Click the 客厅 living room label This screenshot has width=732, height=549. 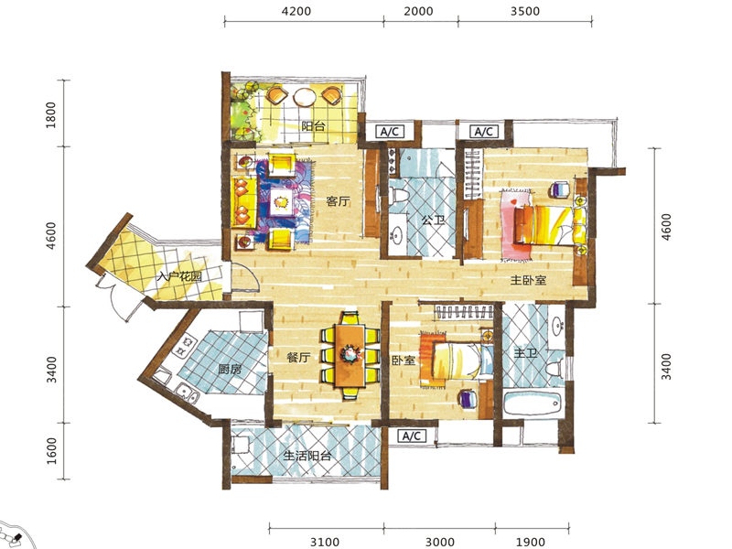click(x=338, y=201)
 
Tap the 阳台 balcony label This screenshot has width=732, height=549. click(x=313, y=126)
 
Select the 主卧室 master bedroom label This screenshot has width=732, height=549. click(x=528, y=280)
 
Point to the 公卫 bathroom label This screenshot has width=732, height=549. click(x=433, y=220)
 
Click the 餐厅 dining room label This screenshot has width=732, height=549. click(x=299, y=358)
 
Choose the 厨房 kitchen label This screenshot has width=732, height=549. click(x=231, y=370)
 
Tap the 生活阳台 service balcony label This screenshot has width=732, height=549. click(x=307, y=455)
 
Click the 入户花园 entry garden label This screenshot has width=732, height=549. click(x=179, y=277)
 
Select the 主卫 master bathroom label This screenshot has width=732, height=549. click(x=525, y=353)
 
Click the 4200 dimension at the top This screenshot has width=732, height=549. click(x=296, y=11)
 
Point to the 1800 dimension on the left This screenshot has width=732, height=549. click(x=51, y=115)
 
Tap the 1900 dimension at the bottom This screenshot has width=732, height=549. click(x=531, y=542)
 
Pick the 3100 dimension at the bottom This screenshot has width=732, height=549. click(x=325, y=542)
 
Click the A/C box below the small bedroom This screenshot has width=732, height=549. click(x=411, y=436)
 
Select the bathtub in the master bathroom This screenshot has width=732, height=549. click(x=533, y=403)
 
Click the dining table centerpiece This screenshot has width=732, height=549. click(x=350, y=353)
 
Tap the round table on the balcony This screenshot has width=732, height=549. click(x=306, y=97)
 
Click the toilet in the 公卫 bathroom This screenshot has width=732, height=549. click(x=398, y=195)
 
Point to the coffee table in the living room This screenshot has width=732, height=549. click(x=282, y=201)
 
